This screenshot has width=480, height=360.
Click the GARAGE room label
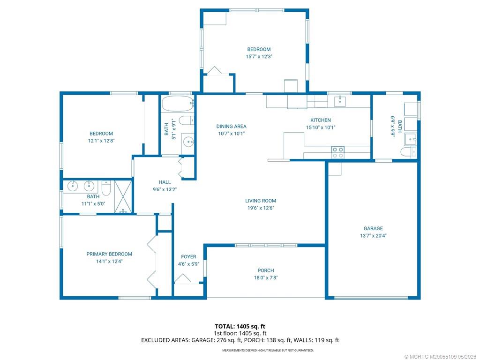coord(373,228)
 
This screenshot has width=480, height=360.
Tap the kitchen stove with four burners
coord(338,152)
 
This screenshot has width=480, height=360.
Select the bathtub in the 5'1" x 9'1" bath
coord(178,104)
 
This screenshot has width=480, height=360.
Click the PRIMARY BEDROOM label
coord(109,254)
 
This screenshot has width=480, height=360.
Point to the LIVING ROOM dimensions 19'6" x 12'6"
coord(261,208)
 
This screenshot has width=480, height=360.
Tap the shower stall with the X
coord(123,196)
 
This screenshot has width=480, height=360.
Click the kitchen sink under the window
coord(340,101)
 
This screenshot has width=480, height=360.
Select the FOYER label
coord(188,257)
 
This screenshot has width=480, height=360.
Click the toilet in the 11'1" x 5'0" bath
coord(106,187)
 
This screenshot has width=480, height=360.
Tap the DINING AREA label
coord(232,127)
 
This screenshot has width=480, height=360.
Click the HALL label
coord(165,182)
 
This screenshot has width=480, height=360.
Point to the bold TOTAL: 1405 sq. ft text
coord(240,326)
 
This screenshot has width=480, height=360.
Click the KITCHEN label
coord(321,120)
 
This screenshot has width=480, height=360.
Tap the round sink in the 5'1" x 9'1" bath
coord(188,142)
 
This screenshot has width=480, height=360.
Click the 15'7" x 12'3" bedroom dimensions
coord(259,57)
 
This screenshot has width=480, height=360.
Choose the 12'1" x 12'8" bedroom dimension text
coord(101,141)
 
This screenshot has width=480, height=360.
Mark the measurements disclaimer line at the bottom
coord(268,350)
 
